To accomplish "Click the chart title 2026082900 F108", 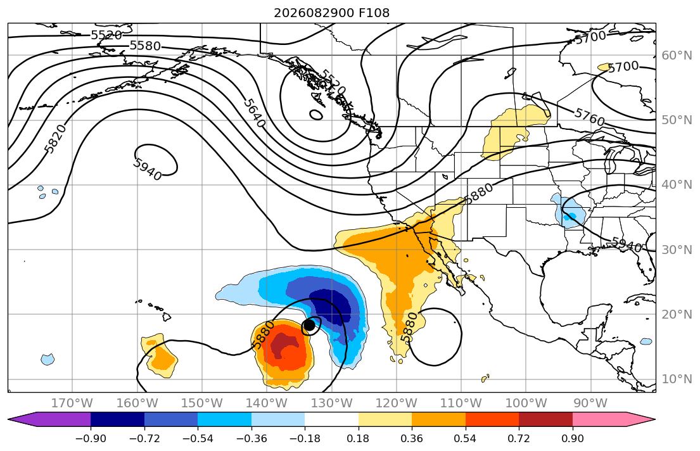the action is (331, 13).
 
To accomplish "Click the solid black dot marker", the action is (309, 325).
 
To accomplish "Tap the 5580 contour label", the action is (145, 46).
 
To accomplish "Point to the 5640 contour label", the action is (255, 113).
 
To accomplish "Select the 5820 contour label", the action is (56, 139).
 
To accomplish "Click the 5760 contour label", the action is (589, 117).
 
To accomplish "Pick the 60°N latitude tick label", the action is (677, 55).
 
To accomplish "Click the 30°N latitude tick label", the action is (677, 250).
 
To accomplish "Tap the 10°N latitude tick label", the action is (677, 379).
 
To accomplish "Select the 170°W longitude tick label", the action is (72, 403).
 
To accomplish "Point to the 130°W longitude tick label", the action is (332, 403).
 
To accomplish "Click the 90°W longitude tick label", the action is (590, 403).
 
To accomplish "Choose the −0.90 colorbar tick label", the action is (91, 438).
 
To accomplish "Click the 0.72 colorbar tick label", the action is (519, 438).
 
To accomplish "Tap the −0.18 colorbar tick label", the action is (305, 438).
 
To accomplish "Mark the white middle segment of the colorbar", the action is (332, 420).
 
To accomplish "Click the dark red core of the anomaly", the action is (282, 346).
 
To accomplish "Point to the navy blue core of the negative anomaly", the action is (333, 308).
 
